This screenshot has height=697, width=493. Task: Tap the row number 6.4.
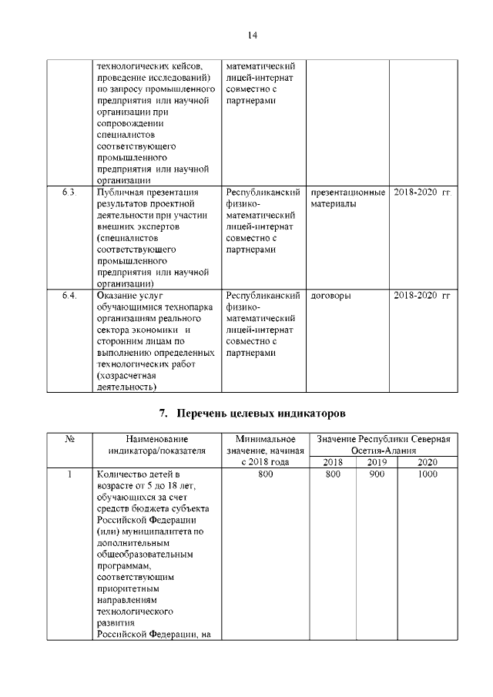tap(69, 296)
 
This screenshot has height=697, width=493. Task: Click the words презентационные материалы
tap(347, 198)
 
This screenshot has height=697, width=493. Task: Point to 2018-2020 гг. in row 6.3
tap(421, 192)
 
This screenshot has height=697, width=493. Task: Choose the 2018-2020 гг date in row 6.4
tap(421, 296)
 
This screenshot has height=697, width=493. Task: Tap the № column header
tap(69, 439)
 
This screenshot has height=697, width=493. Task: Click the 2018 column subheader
tap(333, 462)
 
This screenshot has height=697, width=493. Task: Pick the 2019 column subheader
tap(377, 462)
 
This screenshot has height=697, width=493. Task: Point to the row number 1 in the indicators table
tap(69, 474)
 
